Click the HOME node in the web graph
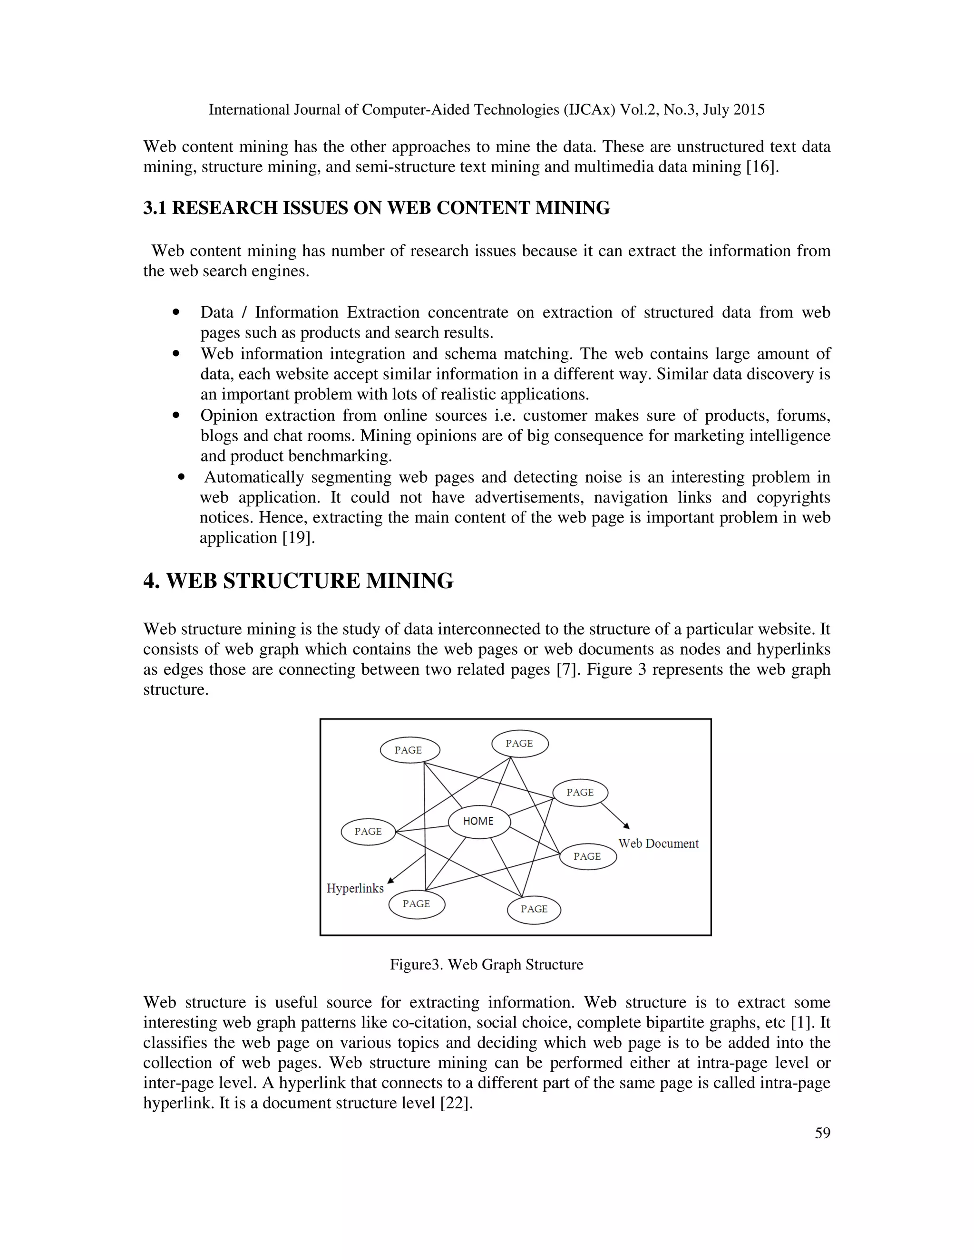pyautogui.click(x=479, y=821)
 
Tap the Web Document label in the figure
pyautogui.click(x=658, y=843)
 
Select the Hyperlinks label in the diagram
pyautogui.click(x=355, y=888)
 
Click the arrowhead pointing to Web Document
pyautogui.click(x=627, y=826)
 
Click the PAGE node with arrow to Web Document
pyautogui.click(x=580, y=792)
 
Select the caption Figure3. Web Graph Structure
pyautogui.click(x=487, y=965)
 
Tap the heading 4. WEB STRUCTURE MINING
pyautogui.click(x=298, y=581)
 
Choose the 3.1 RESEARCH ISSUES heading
pyautogui.click(x=376, y=208)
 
